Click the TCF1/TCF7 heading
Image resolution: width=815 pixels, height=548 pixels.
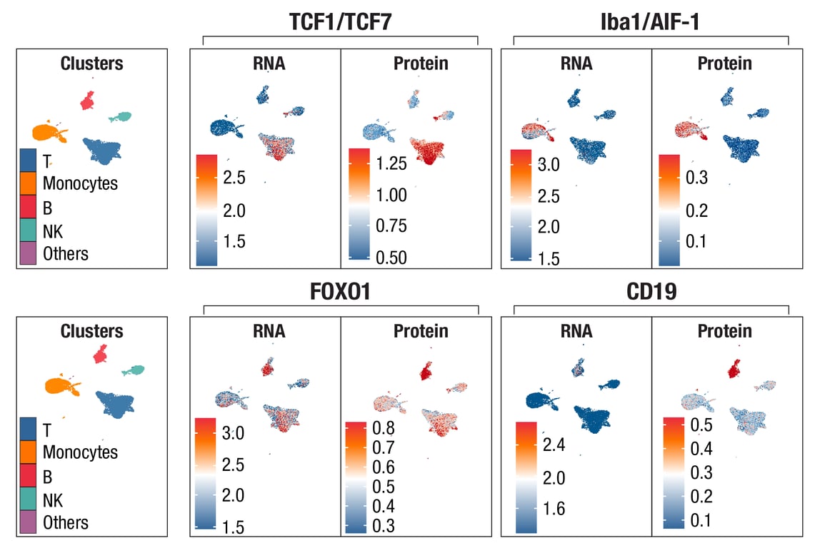pyautogui.click(x=340, y=23)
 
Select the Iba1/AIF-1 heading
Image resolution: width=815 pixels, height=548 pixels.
pyautogui.click(x=651, y=23)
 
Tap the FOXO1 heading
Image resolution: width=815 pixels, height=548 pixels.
pyautogui.click(x=340, y=292)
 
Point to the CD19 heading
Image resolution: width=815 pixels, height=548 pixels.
pyautogui.click(x=651, y=292)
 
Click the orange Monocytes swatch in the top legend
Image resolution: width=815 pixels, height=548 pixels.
pyautogui.click(x=29, y=183)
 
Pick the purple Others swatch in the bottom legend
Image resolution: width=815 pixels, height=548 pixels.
pyautogui.click(x=29, y=522)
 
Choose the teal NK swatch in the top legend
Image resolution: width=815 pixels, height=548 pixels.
pyautogui.click(x=29, y=230)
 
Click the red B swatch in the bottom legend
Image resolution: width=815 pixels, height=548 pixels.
pyautogui.click(x=29, y=476)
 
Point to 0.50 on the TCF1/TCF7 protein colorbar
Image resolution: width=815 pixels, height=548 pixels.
pyautogui.click(x=391, y=257)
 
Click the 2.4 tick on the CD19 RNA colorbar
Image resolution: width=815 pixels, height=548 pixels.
pyautogui.click(x=554, y=446)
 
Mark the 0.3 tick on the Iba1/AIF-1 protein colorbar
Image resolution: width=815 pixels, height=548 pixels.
pyautogui.click(x=693, y=177)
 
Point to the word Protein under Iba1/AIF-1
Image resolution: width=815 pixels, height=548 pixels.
pyautogui.click(x=724, y=64)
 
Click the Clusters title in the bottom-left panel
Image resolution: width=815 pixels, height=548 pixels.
pyautogui.click(x=91, y=332)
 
